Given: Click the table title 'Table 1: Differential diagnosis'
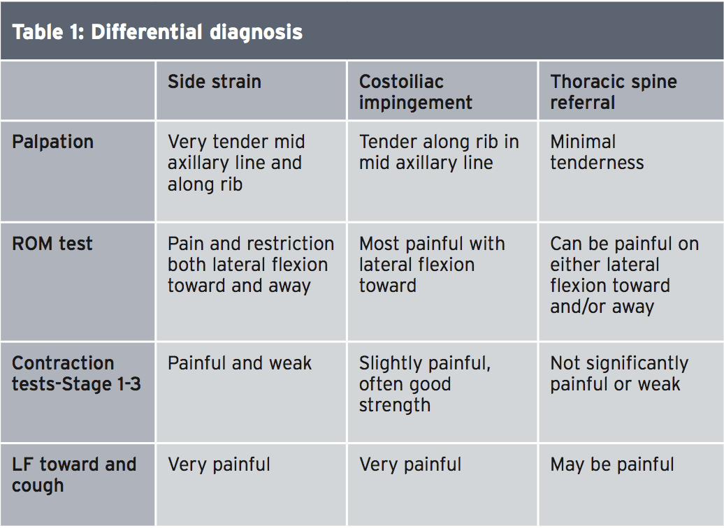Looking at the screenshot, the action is pos(157,32).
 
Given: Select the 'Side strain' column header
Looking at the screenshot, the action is pos(215,82).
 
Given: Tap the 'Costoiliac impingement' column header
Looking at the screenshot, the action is pos(416,92).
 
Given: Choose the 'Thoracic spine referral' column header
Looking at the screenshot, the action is pos(613,92).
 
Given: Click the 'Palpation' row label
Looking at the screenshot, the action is pos(52,142).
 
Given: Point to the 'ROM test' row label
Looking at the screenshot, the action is pos(52,244).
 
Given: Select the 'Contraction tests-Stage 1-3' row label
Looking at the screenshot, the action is pos(76,374).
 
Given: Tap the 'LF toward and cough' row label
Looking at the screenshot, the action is pos(74,475).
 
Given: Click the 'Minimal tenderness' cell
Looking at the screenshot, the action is pos(597,152).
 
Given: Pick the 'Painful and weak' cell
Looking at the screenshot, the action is pos(240,363).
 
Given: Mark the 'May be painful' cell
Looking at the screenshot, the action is pos(611,465).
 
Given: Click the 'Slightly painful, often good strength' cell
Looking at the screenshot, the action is pos(425,384).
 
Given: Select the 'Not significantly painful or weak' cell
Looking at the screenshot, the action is pos(619,374).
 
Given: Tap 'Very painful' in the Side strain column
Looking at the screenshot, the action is pos(219,465).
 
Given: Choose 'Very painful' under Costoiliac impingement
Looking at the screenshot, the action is pos(410,465).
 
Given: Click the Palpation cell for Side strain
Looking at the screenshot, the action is pos(236,163).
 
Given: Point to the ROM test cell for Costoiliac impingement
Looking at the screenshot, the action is pos(432,265).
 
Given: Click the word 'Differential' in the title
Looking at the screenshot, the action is pos(147,32).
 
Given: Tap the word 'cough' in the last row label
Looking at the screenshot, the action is pos(38,486).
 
